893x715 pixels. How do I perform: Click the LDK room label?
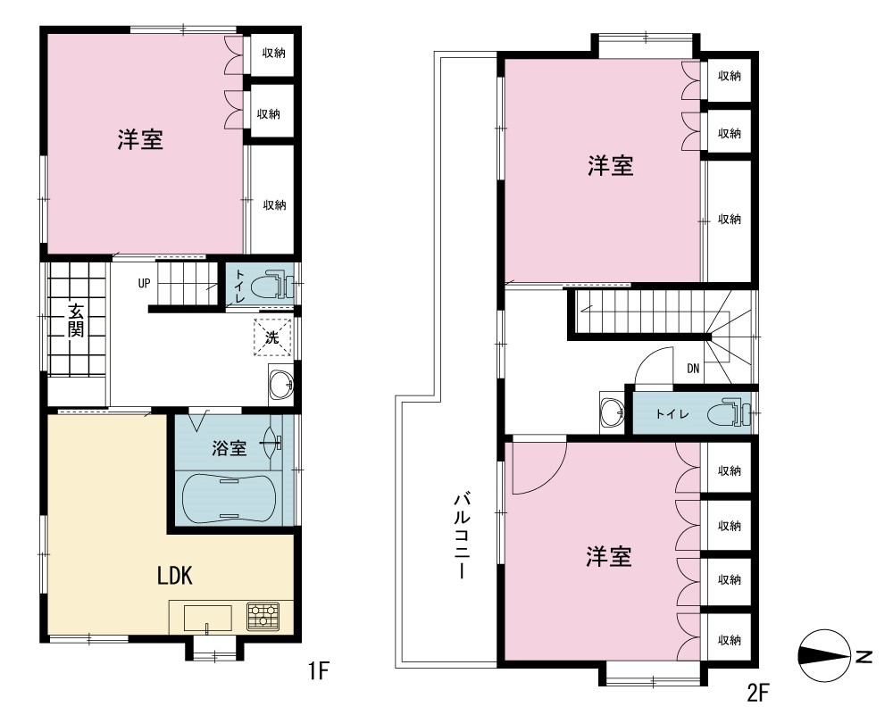[175, 576]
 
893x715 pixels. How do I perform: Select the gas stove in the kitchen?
[263, 616]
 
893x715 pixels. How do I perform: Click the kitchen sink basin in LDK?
[207, 619]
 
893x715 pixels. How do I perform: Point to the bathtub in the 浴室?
[229, 498]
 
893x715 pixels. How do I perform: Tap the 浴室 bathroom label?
[229, 448]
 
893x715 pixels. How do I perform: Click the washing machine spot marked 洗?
[272, 337]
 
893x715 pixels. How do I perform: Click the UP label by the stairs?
[144, 283]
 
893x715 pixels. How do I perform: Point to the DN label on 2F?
[693, 369]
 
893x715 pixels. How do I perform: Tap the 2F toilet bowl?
[729, 414]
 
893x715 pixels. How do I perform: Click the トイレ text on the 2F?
[672, 413]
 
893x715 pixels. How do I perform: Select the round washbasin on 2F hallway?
[613, 410]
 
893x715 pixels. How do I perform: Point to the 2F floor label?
[758, 693]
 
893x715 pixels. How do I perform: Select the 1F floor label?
[319, 670]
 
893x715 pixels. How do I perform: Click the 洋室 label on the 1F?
[141, 139]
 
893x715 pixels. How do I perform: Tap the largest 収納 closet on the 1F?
[272, 199]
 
